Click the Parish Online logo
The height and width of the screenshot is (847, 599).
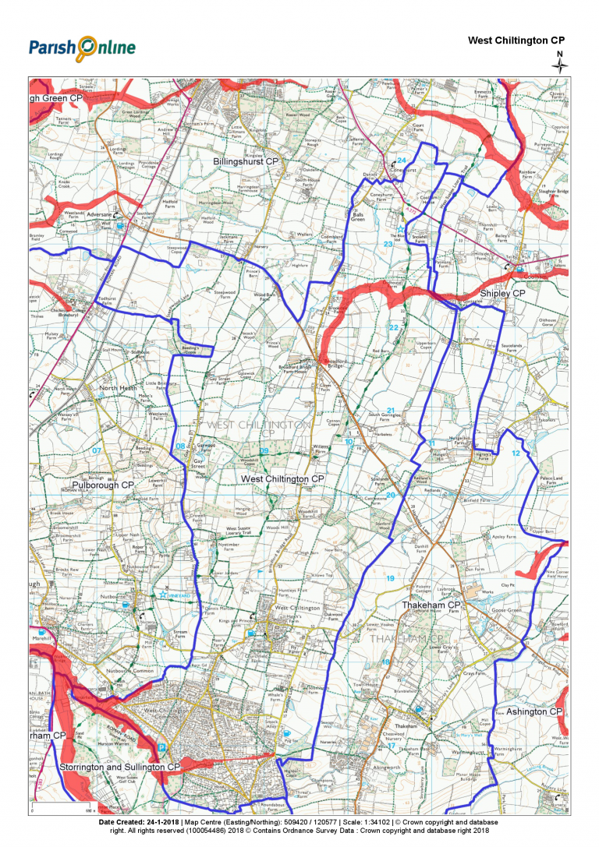coord(82,48)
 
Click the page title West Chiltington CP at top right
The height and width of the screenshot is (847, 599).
coord(516,40)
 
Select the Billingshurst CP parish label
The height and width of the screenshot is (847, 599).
coord(246,161)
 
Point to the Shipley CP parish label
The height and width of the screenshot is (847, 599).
coord(503,293)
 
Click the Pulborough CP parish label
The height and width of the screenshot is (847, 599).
coord(103,485)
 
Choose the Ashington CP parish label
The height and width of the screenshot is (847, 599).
coord(534,711)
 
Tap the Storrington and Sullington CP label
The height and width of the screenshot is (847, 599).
coord(120,767)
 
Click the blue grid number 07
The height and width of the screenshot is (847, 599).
coord(97,450)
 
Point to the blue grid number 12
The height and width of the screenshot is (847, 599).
coord(515,453)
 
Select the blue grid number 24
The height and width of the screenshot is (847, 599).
coord(402,160)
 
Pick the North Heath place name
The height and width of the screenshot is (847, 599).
coord(118,387)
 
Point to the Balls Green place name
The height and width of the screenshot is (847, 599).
coord(358,216)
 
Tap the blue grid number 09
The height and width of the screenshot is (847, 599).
coord(264,451)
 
